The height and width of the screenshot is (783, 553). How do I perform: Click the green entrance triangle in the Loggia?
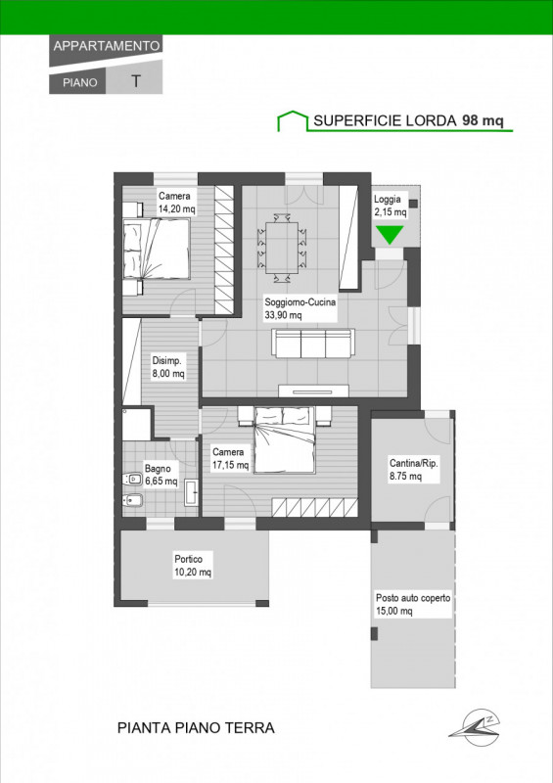point(390,235)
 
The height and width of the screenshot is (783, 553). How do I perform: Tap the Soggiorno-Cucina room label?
point(300,301)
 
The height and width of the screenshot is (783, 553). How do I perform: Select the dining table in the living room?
point(282,249)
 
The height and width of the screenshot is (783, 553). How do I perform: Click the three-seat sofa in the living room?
point(313,344)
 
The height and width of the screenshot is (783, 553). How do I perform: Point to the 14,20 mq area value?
point(176,208)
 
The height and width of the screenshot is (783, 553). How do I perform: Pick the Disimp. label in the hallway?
point(166,360)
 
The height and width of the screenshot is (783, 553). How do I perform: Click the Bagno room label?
point(158,469)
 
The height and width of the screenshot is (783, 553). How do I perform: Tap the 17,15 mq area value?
point(230,465)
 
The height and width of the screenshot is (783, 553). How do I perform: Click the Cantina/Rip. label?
point(414,463)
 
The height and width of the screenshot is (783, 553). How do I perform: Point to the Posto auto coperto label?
point(413,598)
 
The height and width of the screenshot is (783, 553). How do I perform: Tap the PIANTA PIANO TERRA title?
point(196,728)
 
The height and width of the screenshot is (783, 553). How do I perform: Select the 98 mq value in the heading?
point(483,120)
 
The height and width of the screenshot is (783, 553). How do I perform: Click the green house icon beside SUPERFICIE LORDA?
point(293,120)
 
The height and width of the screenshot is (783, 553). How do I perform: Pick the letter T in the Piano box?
point(135,81)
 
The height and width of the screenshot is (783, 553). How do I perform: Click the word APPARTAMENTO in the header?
point(107,46)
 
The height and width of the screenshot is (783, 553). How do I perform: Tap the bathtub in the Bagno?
point(190,492)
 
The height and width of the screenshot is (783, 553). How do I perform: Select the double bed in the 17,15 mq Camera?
point(285,439)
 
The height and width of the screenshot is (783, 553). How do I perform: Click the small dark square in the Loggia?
point(413,204)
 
